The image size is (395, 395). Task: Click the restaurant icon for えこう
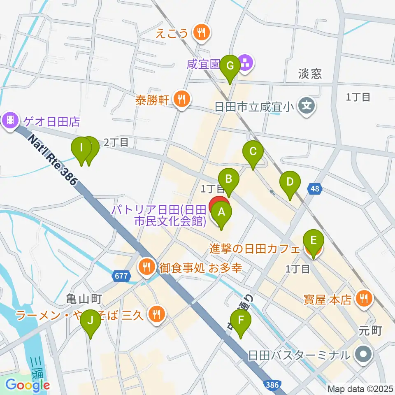pos(201,32)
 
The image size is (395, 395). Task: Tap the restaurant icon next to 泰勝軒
pos(181,99)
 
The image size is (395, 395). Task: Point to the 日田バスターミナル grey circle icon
pos(363,354)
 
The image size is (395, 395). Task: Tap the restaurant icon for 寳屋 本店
pos(363,298)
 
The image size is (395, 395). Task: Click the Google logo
pos(28,385)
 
